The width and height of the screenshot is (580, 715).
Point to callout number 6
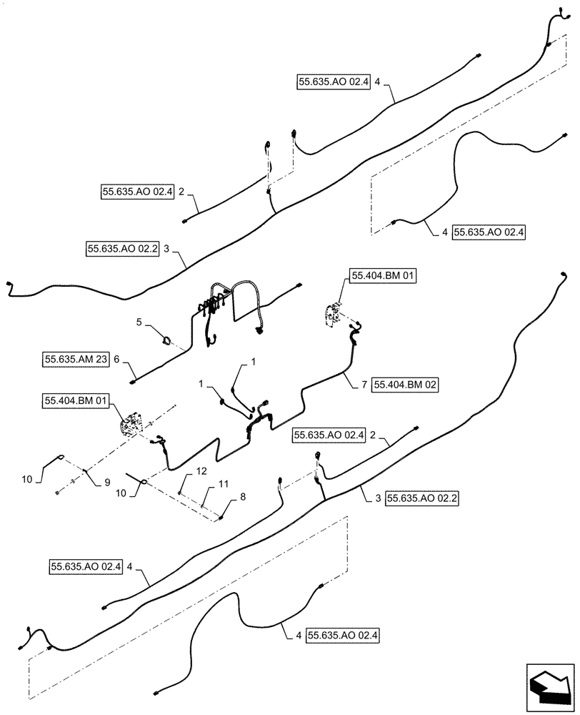point(116,361)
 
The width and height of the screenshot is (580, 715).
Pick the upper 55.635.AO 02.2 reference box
point(122,249)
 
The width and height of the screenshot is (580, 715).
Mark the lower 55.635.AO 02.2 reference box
point(421,498)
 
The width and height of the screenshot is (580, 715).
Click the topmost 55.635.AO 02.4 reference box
point(331,82)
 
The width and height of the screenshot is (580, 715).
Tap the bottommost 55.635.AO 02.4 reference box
point(342,634)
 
